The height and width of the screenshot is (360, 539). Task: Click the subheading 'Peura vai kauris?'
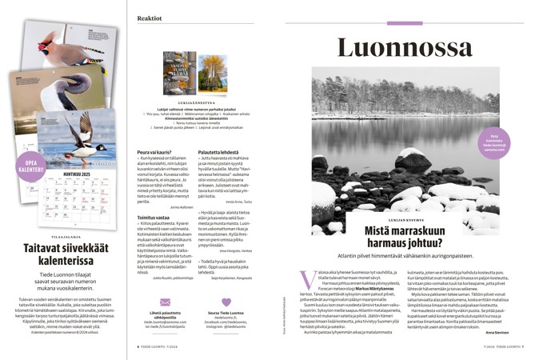[x=156, y=153]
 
